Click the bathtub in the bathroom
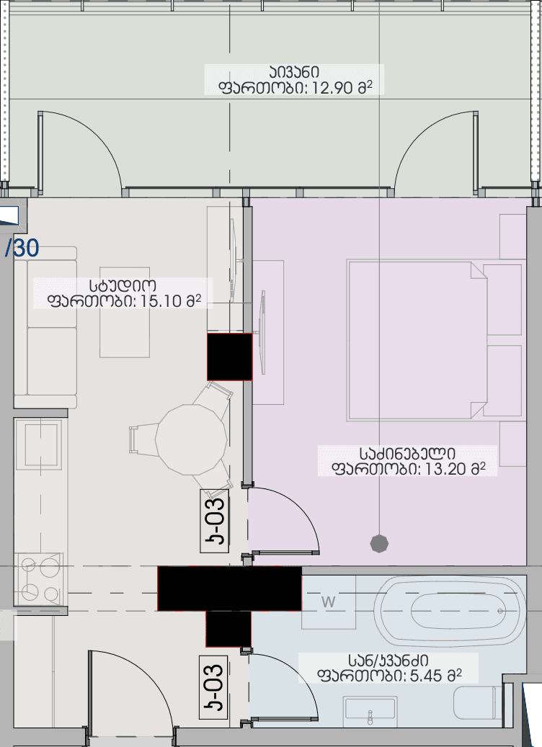[451, 611]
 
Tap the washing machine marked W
[329, 602]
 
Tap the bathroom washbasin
[370, 710]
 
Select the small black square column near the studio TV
[229, 357]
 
